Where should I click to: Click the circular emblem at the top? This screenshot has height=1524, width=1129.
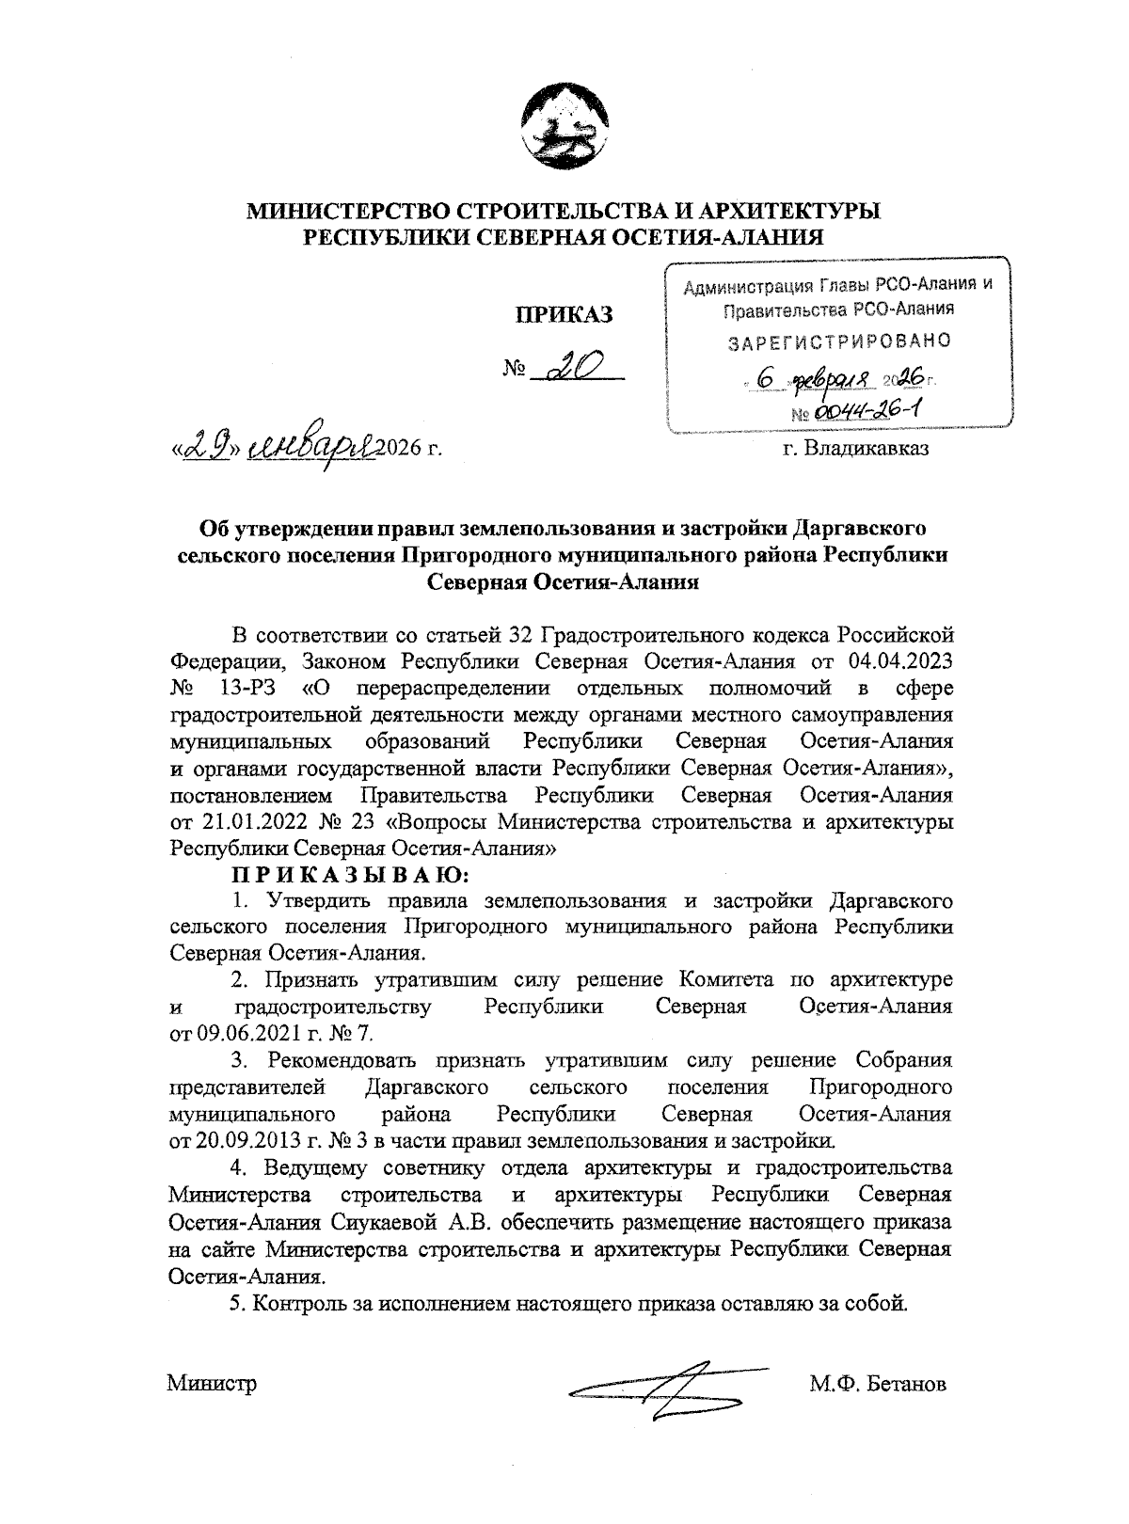(563, 130)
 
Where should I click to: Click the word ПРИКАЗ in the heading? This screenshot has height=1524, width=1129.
(562, 315)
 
